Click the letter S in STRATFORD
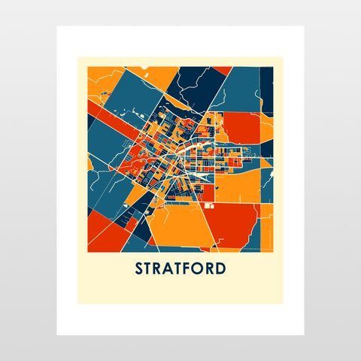click(140, 268)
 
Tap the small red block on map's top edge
click(222, 71)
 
